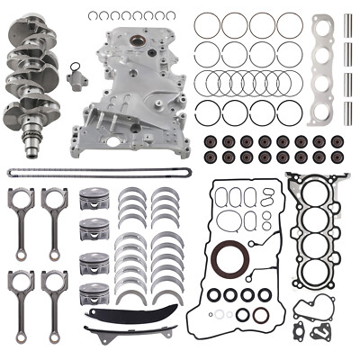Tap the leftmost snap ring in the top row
(96, 15)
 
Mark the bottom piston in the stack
(95, 296)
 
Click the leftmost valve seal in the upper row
(210, 142)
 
